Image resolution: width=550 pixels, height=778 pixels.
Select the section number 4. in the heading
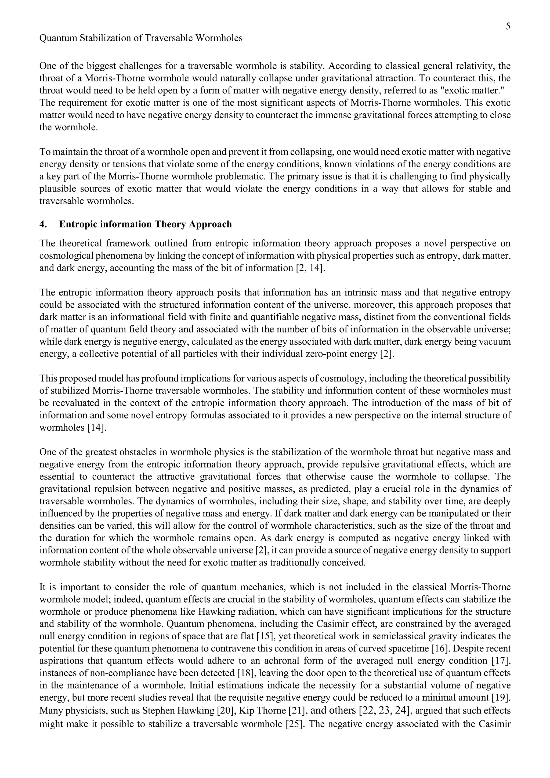tap(43, 224)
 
